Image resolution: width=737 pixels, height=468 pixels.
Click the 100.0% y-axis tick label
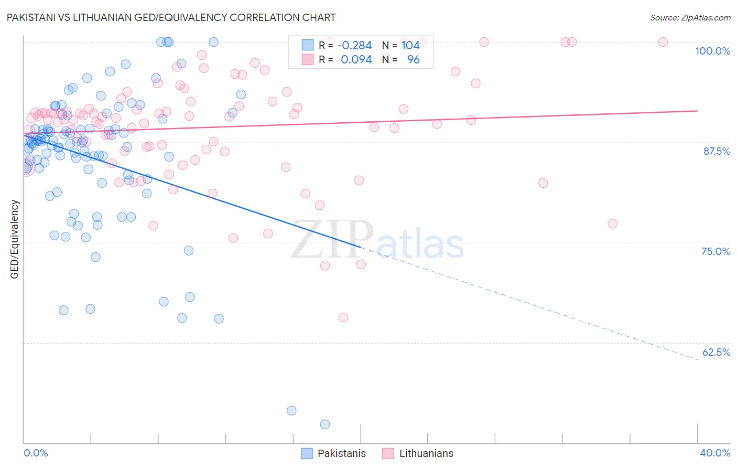[712, 51]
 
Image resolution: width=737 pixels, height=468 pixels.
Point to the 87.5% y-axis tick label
[717, 151]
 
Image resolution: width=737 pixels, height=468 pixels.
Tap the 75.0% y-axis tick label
[716, 251]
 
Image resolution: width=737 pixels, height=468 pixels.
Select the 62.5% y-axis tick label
[716, 352]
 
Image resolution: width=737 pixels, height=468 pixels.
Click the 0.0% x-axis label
[36, 453]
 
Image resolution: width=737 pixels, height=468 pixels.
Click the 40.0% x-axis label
[714, 453]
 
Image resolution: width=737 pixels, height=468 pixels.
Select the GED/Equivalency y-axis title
[15, 239]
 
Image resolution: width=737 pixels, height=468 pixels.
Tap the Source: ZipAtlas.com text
[690, 17]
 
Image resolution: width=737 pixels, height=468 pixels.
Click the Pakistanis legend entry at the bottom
[333, 453]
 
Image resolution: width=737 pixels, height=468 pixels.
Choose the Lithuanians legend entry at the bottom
[418, 453]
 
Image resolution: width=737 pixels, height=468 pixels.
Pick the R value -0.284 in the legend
[354, 46]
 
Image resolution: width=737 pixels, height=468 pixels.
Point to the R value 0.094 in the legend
[356, 60]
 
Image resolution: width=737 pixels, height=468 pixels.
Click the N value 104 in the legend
[410, 46]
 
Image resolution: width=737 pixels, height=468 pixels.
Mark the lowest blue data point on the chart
[325, 424]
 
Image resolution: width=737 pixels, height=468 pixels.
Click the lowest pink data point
[343, 317]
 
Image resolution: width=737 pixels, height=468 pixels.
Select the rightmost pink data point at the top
[663, 42]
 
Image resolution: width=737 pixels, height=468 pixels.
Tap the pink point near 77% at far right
[612, 224]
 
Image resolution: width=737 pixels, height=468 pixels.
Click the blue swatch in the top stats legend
[307, 46]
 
